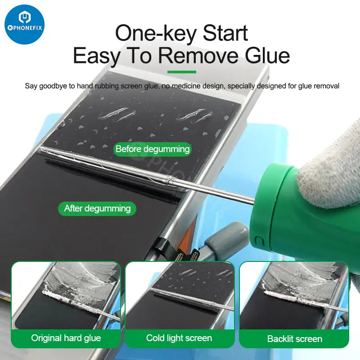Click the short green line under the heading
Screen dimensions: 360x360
point(181,72)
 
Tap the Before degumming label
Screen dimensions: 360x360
point(153,149)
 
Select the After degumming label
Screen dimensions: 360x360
point(97,208)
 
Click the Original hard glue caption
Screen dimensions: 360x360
point(66,338)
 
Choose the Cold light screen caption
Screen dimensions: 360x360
point(179,338)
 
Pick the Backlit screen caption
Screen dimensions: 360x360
point(294,338)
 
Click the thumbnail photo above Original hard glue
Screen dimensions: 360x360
point(66,295)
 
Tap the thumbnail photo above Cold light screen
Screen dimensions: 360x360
point(180,295)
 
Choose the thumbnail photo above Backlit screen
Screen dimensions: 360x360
point(294,295)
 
